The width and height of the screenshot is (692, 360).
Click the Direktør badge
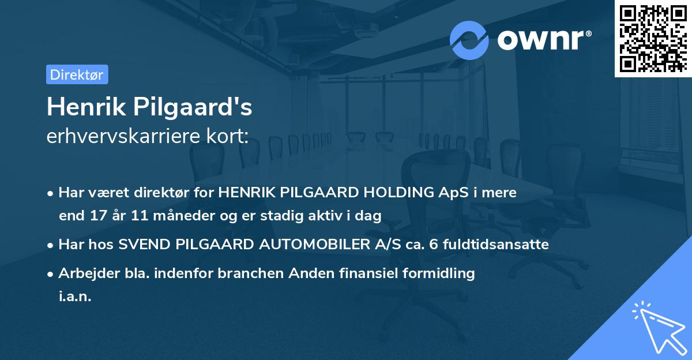point(77,74)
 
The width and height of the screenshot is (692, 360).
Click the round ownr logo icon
point(469,40)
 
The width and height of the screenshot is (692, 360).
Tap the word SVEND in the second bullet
point(138,245)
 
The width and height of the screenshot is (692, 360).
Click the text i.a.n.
point(75,297)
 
